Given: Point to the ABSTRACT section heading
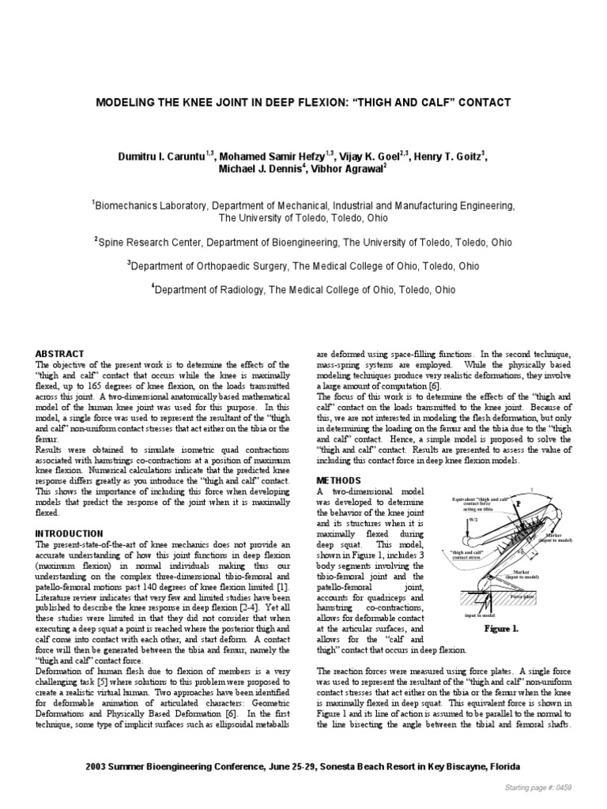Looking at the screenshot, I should click(61, 352).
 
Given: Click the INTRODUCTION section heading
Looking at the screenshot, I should click(70, 534).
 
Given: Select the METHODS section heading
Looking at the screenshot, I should click(338, 480).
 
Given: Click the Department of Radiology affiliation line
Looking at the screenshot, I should click(303, 290).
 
